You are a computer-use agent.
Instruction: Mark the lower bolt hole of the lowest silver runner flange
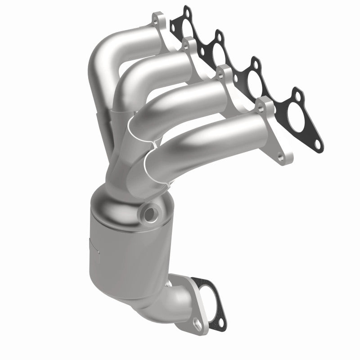coord(282,157)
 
